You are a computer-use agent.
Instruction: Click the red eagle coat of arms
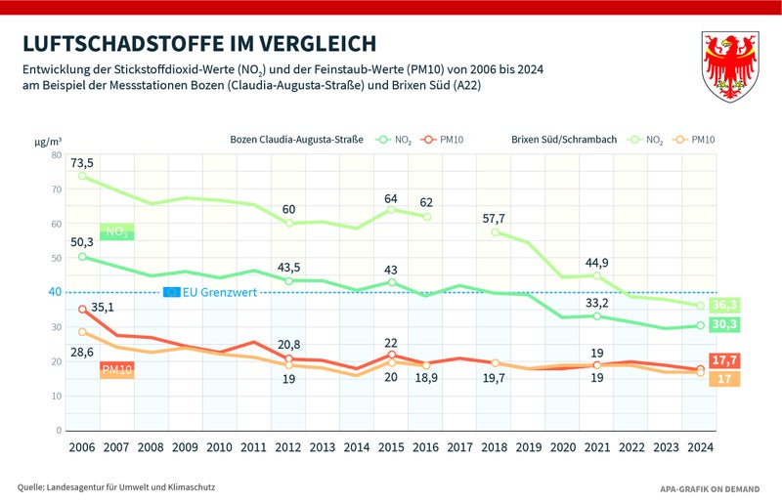[731, 65]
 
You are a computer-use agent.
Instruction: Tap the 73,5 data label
[82, 162]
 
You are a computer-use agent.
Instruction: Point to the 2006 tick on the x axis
[82, 447]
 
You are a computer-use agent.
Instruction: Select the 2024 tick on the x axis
[700, 447]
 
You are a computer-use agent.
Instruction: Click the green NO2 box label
[116, 232]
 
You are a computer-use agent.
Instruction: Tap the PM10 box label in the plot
[116, 369]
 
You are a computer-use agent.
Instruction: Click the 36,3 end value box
[723, 305]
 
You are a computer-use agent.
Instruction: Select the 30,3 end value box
[723, 324]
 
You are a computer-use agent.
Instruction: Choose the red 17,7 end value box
[723, 360]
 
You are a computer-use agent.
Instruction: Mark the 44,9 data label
[597, 262]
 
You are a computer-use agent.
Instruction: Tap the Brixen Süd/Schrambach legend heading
[564, 140]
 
